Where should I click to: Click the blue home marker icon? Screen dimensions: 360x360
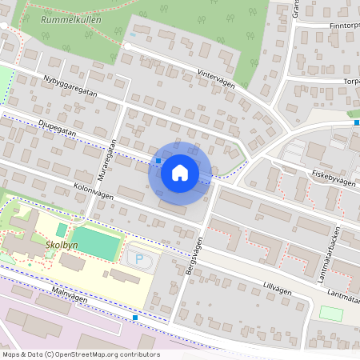coord(180,172)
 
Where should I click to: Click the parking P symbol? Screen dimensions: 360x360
coord(141,258)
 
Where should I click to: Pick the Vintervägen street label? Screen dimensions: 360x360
coord(216,78)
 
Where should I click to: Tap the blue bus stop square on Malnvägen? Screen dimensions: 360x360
coord(135,318)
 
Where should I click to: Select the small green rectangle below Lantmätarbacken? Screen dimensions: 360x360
coord(330,313)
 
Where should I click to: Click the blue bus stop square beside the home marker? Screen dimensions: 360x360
coord(158,161)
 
